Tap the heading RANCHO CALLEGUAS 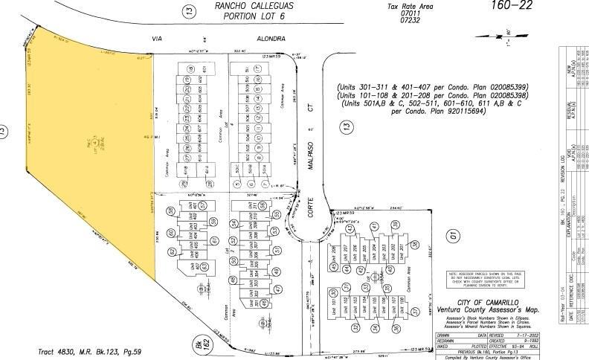[x=253, y=6]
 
